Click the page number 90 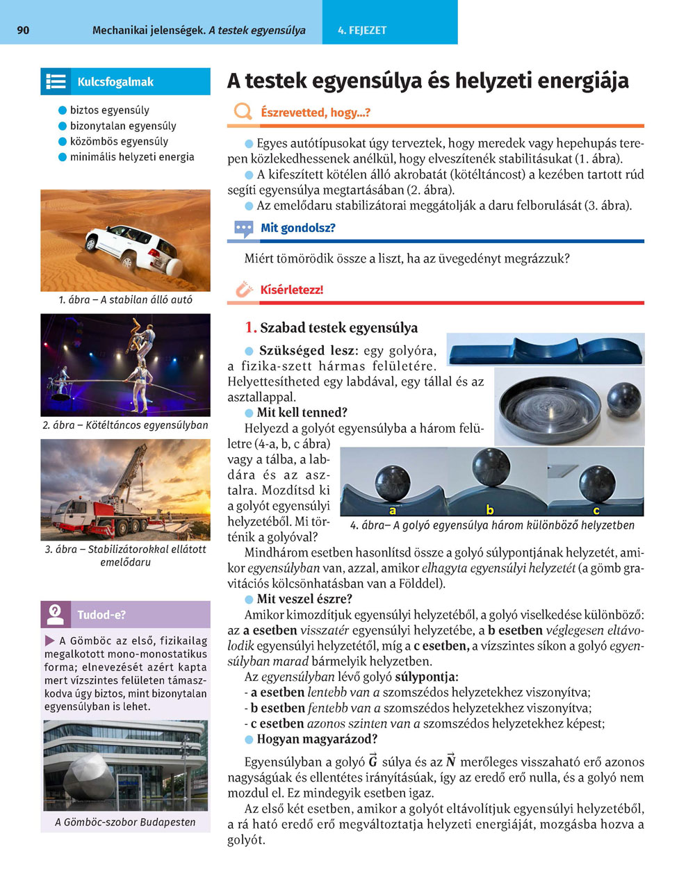pyautogui.click(x=23, y=31)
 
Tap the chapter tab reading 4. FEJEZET pyautogui.click(x=362, y=31)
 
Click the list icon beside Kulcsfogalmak pyautogui.click(x=56, y=81)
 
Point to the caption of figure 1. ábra pyautogui.click(x=125, y=300)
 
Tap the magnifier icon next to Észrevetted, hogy pyautogui.click(x=243, y=112)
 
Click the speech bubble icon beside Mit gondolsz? pyautogui.click(x=243, y=228)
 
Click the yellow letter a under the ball pyautogui.click(x=393, y=510)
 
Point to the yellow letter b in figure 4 pyautogui.click(x=490, y=510)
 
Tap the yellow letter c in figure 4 pyautogui.click(x=596, y=510)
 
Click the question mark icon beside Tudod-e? pyautogui.click(x=56, y=614)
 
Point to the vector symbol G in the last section pyautogui.click(x=373, y=761)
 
